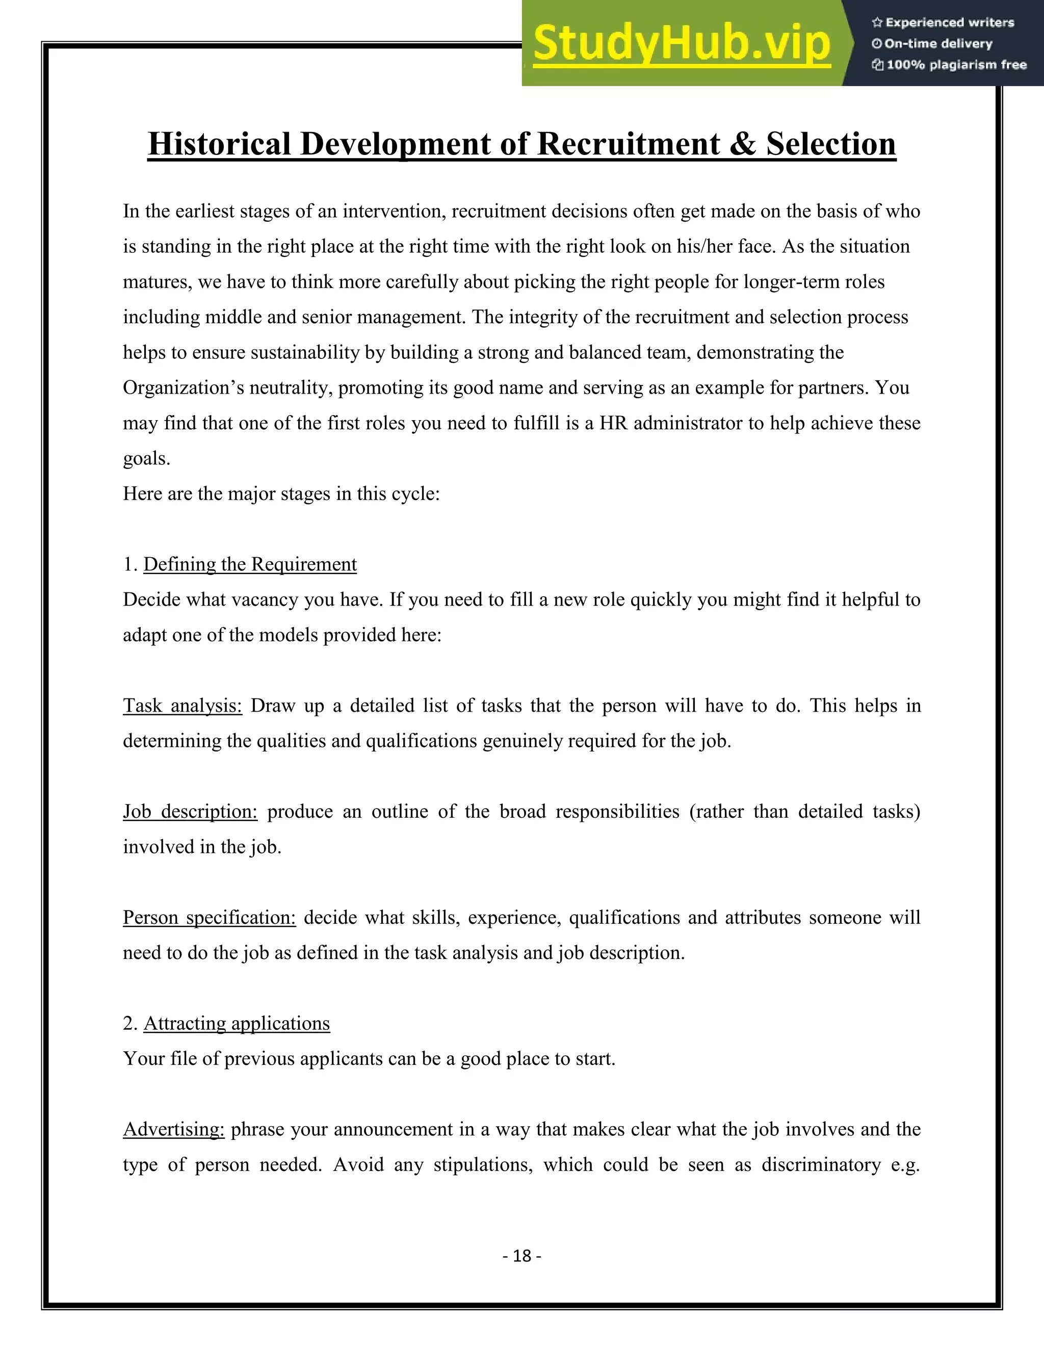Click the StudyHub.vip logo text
click(682, 44)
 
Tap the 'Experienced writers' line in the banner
click(949, 23)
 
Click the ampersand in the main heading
click(743, 144)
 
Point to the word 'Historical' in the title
click(219, 144)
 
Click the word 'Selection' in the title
click(830, 144)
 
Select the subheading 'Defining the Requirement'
click(250, 564)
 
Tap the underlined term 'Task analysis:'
click(182, 705)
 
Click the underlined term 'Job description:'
click(190, 811)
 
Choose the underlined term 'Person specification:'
click(209, 917)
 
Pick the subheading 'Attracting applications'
click(237, 1023)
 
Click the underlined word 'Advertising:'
click(174, 1129)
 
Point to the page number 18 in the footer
click(522, 1255)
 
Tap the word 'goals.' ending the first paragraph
click(147, 458)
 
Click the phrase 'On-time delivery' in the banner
click(938, 44)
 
